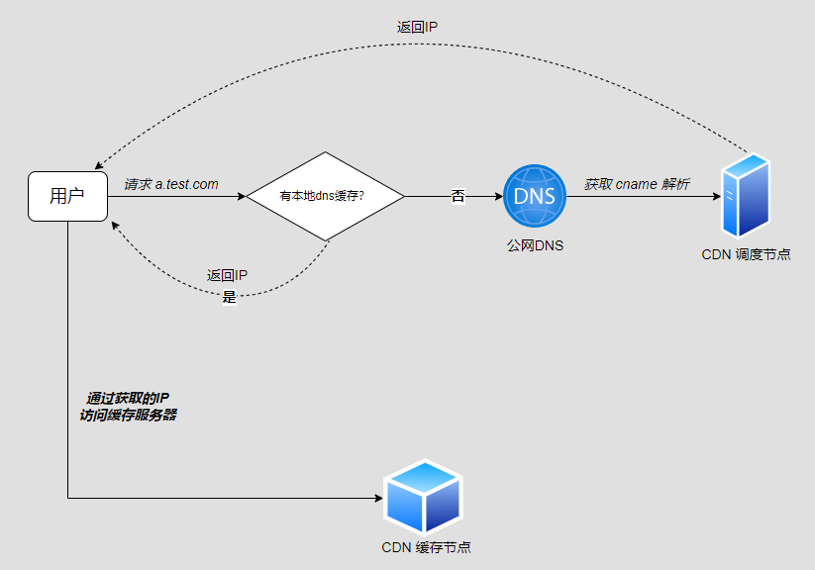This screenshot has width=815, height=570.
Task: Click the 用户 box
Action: coord(67,196)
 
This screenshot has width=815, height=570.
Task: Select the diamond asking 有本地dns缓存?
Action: coord(325,196)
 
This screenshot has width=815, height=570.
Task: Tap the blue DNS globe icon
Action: coord(534,196)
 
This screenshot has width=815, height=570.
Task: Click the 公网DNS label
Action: coord(535,245)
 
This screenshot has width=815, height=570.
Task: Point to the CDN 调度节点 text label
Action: coord(746,254)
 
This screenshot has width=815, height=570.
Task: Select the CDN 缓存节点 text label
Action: coord(426,547)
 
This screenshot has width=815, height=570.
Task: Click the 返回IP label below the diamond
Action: coord(227,276)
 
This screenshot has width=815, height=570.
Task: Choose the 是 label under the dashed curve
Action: coord(230,296)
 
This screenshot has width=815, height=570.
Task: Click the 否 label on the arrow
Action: coord(458,196)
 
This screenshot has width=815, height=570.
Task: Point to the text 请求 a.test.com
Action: coord(171,184)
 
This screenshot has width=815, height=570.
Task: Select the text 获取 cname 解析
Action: coord(637,184)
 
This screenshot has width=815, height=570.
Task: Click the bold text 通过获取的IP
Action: coord(128,398)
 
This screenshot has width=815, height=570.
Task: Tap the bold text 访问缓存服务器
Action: coord(128,416)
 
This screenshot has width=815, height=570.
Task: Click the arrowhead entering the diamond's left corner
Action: coord(241,196)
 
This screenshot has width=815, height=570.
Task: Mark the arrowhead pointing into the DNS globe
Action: coord(498,196)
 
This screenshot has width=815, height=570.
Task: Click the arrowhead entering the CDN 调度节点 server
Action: coord(716,196)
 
